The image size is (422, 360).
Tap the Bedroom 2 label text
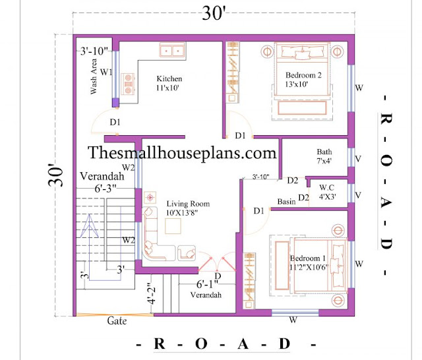point(303,80)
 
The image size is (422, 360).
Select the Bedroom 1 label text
point(309,262)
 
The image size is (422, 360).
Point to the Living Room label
point(188,208)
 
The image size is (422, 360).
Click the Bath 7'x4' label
point(324,156)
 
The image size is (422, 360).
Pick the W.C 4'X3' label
point(327,192)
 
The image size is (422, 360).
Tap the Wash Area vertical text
point(93,76)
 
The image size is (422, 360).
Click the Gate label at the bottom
point(117,320)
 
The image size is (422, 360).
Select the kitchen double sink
point(172,50)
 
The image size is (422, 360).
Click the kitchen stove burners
point(128,84)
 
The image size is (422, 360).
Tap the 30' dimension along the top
point(214,13)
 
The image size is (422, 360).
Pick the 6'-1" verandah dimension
point(207,284)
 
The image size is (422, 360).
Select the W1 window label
point(106,72)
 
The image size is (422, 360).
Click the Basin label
point(286,202)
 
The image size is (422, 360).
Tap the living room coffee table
point(173,226)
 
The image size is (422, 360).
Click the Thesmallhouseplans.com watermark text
point(182,152)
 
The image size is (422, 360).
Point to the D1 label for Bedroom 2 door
point(240,135)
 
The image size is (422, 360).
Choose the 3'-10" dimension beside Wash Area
point(94,51)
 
